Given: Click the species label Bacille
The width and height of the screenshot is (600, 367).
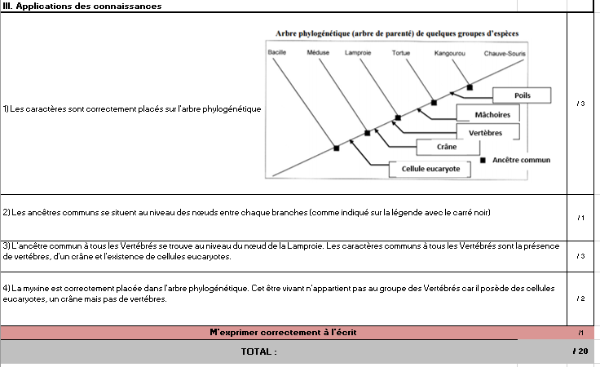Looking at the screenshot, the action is tap(276, 52).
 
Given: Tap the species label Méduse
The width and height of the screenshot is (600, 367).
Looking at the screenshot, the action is tap(318, 52).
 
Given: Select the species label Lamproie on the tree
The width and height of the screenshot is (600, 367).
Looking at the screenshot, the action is tap(358, 52).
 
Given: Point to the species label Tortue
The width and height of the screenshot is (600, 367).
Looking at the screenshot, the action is tap(400, 53).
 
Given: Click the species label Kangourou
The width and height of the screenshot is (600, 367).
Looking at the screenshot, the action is tap(450, 53).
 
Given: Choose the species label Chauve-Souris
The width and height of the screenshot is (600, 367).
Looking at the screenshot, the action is tap(505, 54).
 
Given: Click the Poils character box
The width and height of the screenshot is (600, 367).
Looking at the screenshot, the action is tap(522, 95).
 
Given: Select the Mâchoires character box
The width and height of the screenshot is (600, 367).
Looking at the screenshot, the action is tap(488, 114).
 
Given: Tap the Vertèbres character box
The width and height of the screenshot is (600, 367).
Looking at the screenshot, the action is tap(488, 132).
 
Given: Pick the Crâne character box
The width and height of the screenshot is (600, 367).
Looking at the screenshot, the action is tap(448, 147).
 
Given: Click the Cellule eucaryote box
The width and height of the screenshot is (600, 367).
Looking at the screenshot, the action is tap(430, 169).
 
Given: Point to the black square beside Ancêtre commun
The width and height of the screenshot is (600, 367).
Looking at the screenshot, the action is tap(483, 160).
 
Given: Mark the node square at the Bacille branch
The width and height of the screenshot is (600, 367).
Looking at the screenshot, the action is tap(337, 148).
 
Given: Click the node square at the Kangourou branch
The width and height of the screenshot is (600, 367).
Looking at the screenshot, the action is tap(470, 87).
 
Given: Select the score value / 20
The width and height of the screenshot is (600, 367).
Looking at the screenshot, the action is tap(580, 351).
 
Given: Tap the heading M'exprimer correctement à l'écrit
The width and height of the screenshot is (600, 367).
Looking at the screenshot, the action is tap(283, 332).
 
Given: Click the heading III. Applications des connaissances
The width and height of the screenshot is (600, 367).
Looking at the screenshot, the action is tap(82, 7).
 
